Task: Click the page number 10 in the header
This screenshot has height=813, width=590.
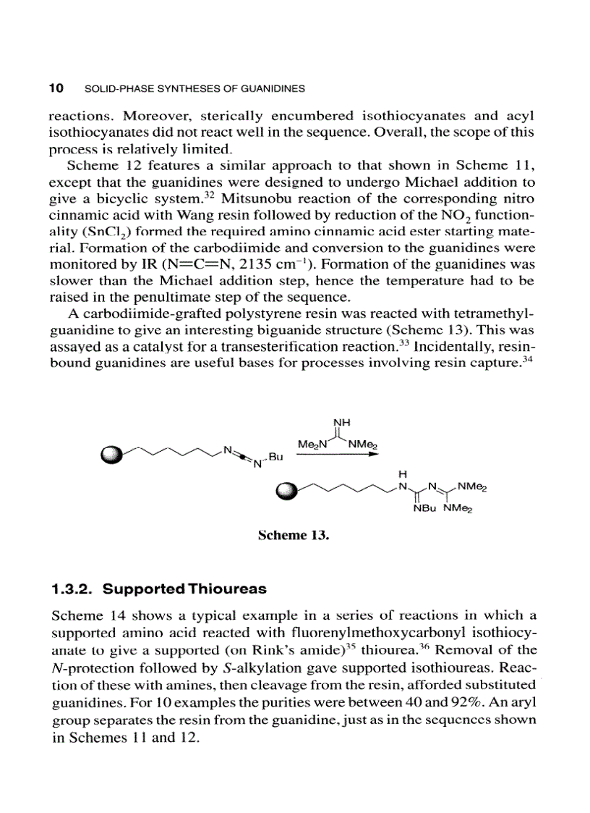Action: [x=56, y=88]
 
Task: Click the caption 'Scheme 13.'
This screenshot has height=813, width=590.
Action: [x=294, y=536]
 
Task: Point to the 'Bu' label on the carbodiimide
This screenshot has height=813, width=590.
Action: [x=277, y=458]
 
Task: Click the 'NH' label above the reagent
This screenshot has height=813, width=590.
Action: [x=340, y=422]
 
